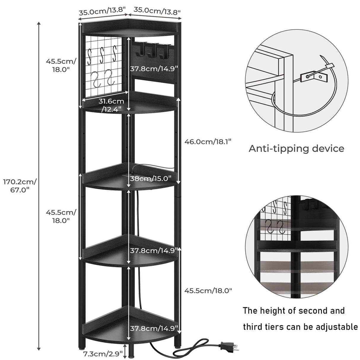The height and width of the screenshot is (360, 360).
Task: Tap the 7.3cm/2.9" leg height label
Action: [x=103, y=353]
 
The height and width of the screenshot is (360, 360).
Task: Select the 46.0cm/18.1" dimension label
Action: [x=208, y=141]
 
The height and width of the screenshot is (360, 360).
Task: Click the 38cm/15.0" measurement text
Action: [x=151, y=179]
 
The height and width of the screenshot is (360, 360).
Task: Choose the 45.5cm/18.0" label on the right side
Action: [x=208, y=291]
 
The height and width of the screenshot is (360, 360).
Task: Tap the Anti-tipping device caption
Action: [x=296, y=148]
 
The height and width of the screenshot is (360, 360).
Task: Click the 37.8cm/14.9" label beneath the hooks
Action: [x=154, y=69]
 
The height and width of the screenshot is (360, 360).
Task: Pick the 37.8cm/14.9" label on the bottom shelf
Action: [x=154, y=328]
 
